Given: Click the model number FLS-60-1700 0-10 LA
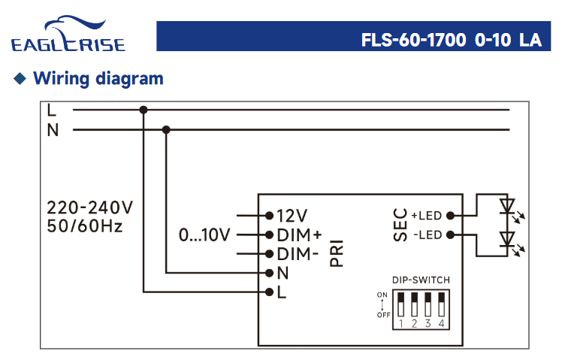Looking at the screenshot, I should point(451,40).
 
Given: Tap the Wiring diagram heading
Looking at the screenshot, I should point(98,78).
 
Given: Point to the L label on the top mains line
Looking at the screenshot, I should point(52,110).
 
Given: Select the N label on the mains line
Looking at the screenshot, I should point(53,130).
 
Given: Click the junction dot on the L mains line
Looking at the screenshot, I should point(144,110).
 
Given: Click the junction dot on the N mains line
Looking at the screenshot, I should point(166,130).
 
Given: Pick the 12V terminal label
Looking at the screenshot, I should point(292,216).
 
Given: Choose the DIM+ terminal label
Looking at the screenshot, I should point(299,235).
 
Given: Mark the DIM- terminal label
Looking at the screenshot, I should point(298,254).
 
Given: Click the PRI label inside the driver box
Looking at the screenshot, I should point(337,253).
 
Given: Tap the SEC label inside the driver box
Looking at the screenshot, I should point(400,225).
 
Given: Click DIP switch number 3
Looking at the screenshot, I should point(428,307).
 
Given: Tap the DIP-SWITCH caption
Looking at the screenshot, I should point(421,280).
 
